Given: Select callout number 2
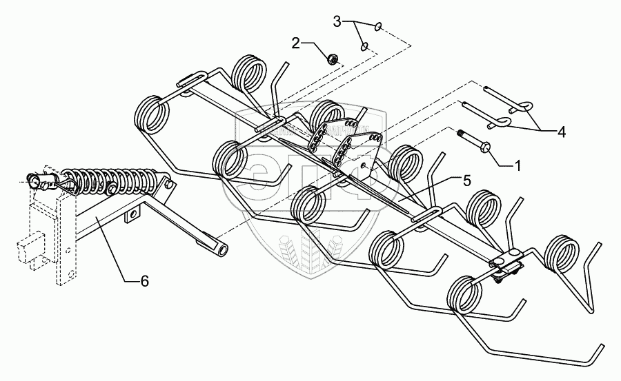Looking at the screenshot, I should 295,43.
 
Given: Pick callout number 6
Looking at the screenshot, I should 144,281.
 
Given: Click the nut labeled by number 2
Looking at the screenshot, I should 332,60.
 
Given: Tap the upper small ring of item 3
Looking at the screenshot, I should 379,26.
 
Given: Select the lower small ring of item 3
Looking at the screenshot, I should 365,47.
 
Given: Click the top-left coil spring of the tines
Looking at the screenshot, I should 154,114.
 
